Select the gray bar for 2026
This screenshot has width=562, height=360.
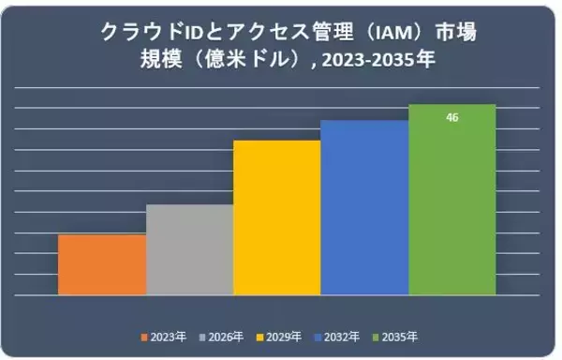189,249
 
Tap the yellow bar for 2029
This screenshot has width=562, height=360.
276,217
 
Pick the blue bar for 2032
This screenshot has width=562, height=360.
364,207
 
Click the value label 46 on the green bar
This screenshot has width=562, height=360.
452,118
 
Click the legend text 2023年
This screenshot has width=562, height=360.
169,337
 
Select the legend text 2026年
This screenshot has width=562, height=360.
226,337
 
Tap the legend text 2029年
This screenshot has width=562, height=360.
284,337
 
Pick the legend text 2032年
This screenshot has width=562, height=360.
342,337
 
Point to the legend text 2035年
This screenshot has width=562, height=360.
400,337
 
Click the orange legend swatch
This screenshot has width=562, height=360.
144,337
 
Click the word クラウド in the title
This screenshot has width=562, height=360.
141,34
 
